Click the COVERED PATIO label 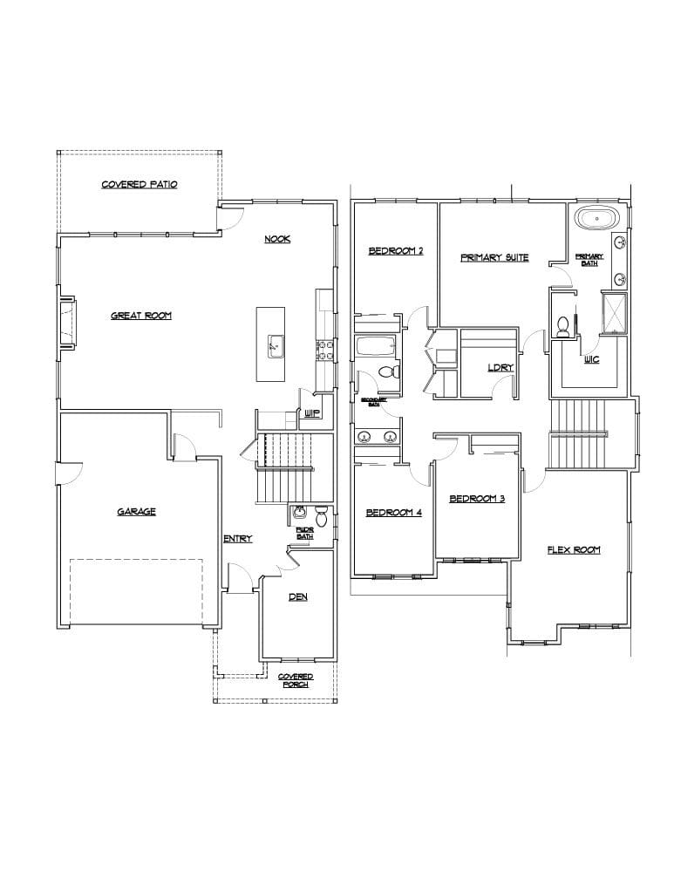[140, 185]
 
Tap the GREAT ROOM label [141, 316]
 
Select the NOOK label [277, 240]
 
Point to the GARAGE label [137, 512]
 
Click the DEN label [297, 597]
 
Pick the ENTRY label [238, 539]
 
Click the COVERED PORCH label [296, 681]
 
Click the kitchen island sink [274, 345]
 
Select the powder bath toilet [320, 518]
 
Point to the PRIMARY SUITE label [494, 258]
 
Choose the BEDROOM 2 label [395, 251]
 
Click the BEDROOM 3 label [477, 499]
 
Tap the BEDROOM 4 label [393, 513]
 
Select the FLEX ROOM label [573, 550]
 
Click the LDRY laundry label [500, 367]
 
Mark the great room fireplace [67, 324]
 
